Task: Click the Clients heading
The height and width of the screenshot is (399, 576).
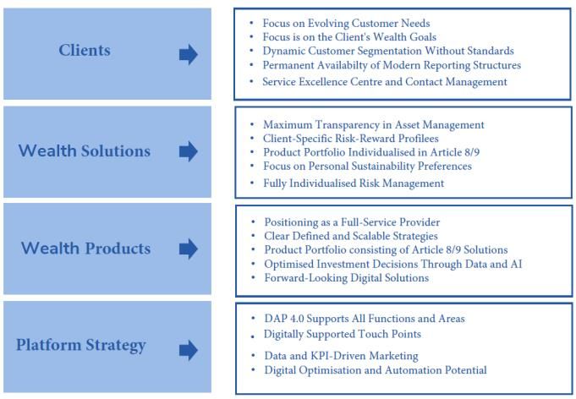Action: tap(85, 50)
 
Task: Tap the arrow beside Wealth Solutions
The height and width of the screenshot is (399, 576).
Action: tap(189, 151)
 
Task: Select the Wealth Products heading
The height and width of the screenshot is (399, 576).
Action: tap(85, 249)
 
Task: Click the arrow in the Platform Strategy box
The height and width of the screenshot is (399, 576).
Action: tap(189, 350)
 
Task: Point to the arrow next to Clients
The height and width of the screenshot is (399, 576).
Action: tap(189, 55)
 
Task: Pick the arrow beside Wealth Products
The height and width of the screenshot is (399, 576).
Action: tap(189, 249)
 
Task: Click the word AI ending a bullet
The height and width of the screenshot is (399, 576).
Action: tap(516, 264)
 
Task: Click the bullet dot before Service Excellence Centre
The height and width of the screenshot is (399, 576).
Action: tap(252, 81)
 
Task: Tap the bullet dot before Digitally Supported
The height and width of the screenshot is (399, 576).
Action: tap(253, 336)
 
